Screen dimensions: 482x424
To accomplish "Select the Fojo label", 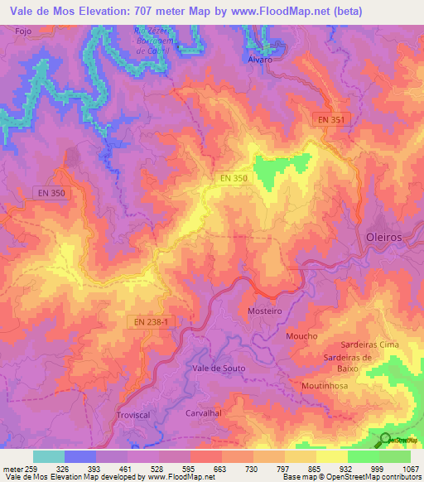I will [24, 31].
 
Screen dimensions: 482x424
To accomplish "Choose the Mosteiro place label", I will [265, 311].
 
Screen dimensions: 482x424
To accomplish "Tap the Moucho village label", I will [301, 336].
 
